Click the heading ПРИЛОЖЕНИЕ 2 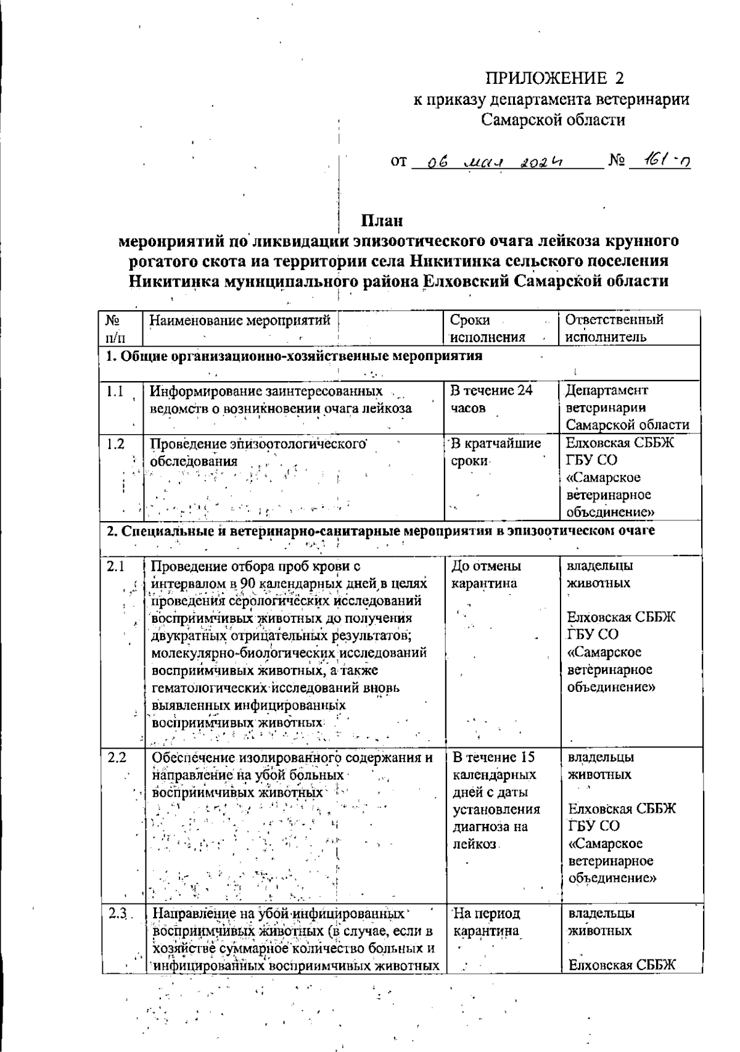click(x=554, y=78)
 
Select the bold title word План click(x=382, y=220)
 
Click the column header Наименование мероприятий click(x=241, y=321)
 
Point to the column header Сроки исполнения click(x=488, y=329)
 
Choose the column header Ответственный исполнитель click(x=614, y=329)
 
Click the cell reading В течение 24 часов click(x=491, y=399)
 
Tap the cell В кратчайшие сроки click(x=496, y=452)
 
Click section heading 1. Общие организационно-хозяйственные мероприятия click(x=294, y=356)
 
